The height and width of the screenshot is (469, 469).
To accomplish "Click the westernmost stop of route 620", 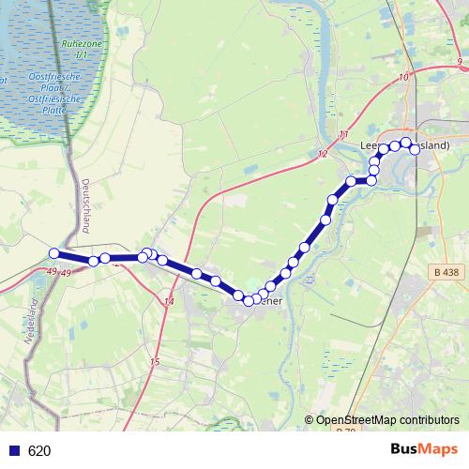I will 54,253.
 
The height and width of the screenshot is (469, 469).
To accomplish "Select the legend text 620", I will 39,451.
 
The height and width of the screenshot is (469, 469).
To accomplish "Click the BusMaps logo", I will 418,450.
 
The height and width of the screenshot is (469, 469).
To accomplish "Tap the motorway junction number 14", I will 169,301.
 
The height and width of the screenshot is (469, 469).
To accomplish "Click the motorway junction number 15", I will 155,362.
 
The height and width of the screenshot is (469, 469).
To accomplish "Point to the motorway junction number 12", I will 323,154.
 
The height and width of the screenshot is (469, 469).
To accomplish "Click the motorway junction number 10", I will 403,77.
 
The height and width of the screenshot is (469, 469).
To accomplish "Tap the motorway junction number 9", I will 461,61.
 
